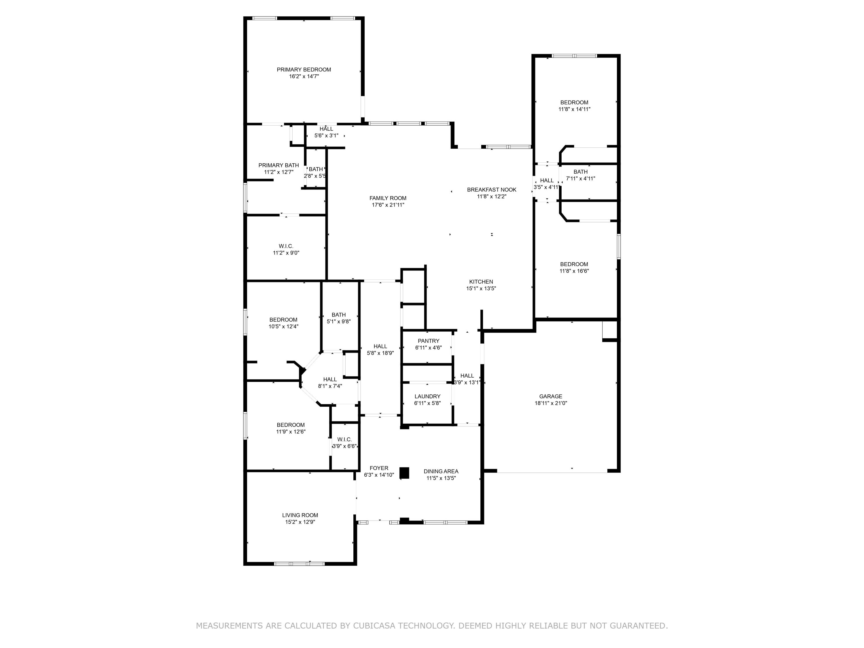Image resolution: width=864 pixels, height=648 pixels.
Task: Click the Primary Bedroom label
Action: (304, 69)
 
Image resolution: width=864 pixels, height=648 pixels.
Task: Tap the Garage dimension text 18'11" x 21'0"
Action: (550, 403)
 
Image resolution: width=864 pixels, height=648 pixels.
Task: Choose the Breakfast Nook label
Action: (491, 190)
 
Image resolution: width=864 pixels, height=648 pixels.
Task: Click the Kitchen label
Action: (481, 282)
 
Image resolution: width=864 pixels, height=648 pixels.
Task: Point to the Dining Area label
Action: (441, 471)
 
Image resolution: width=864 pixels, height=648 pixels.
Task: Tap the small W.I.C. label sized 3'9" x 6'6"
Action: (344, 439)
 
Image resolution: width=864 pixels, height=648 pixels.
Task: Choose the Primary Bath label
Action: (278, 165)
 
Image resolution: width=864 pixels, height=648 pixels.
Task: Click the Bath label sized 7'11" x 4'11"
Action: (580, 172)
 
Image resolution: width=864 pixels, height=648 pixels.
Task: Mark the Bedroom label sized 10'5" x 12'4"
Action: (283, 319)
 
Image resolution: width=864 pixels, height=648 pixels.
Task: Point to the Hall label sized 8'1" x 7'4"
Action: (330, 379)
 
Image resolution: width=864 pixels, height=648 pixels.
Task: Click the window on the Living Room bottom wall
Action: (299, 564)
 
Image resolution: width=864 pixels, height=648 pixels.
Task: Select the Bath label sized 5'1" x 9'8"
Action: (338, 315)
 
